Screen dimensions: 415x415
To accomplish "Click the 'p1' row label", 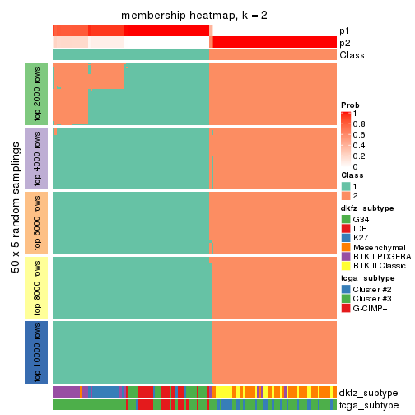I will point(344,30).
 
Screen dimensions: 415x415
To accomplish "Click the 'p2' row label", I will point(344,43).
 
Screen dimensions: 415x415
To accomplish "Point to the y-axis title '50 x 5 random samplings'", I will point(16,222).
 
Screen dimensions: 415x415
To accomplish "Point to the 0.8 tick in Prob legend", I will point(361,124).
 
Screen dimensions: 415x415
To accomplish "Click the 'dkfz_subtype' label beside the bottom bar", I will point(368,393).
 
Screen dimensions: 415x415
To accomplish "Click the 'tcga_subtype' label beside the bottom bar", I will point(368,405).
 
